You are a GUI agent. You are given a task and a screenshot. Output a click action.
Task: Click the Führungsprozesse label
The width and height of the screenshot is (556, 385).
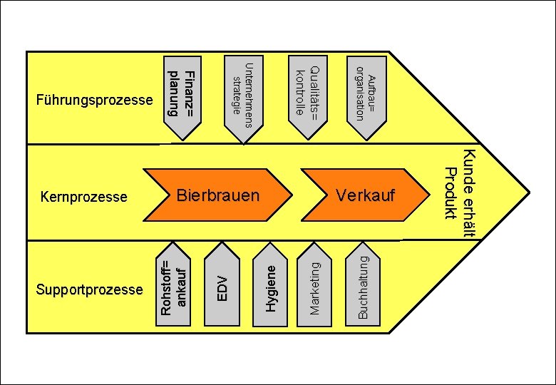[94, 100]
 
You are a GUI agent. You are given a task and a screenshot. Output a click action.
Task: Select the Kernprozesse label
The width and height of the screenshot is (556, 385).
[84, 196]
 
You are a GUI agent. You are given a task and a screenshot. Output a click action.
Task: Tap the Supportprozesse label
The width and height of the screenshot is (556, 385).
[89, 289]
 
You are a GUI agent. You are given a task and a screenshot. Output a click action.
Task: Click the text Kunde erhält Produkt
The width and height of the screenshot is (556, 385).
[460, 192]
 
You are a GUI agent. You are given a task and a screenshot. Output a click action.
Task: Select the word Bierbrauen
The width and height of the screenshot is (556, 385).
[218, 195]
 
